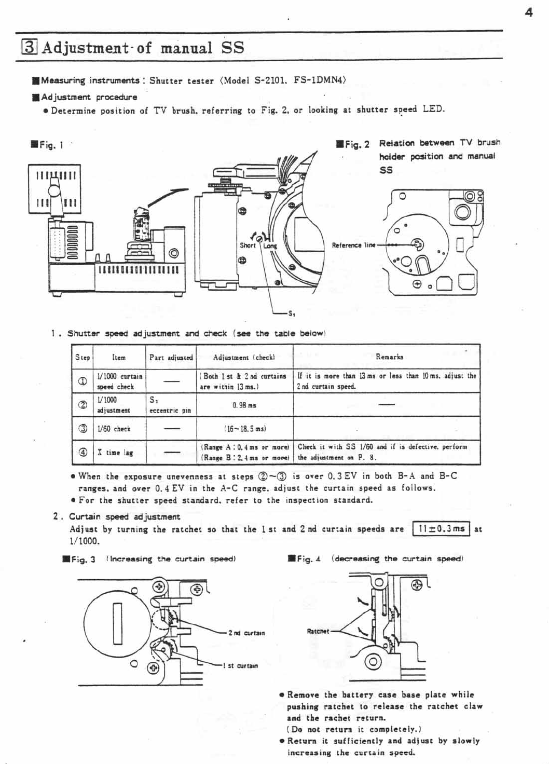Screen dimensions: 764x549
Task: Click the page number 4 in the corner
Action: pyautogui.click(x=528, y=13)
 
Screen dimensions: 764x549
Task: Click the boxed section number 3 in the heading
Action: pyautogui.click(x=29, y=48)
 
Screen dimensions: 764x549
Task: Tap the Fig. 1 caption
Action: pyautogui.click(x=47, y=145)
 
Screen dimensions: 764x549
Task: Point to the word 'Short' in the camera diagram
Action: pyautogui.click(x=248, y=245)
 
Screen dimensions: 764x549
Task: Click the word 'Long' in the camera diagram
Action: pyautogui.click(x=270, y=246)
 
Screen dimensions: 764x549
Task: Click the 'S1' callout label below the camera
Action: pyautogui.click(x=292, y=313)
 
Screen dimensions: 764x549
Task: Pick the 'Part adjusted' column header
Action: pyautogui.click(x=171, y=357)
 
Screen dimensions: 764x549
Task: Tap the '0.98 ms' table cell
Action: pyautogui.click(x=244, y=405)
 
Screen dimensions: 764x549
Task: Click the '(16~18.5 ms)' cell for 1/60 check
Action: pyautogui.click(x=244, y=429)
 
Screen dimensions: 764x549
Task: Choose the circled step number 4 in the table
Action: pyautogui.click(x=82, y=452)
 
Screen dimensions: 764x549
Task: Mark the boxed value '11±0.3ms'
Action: pyautogui.click(x=441, y=529)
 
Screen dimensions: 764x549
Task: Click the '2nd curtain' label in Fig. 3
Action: pyautogui.click(x=246, y=633)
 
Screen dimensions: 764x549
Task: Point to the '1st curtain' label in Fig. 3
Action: pyautogui.click(x=240, y=666)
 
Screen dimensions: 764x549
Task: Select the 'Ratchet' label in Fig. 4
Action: pyautogui.click(x=318, y=632)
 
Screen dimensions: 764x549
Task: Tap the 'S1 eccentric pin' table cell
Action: pyautogui.click(x=170, y=405)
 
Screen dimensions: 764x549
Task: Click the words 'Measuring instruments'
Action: pyautogui.click(x=90, y=80)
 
